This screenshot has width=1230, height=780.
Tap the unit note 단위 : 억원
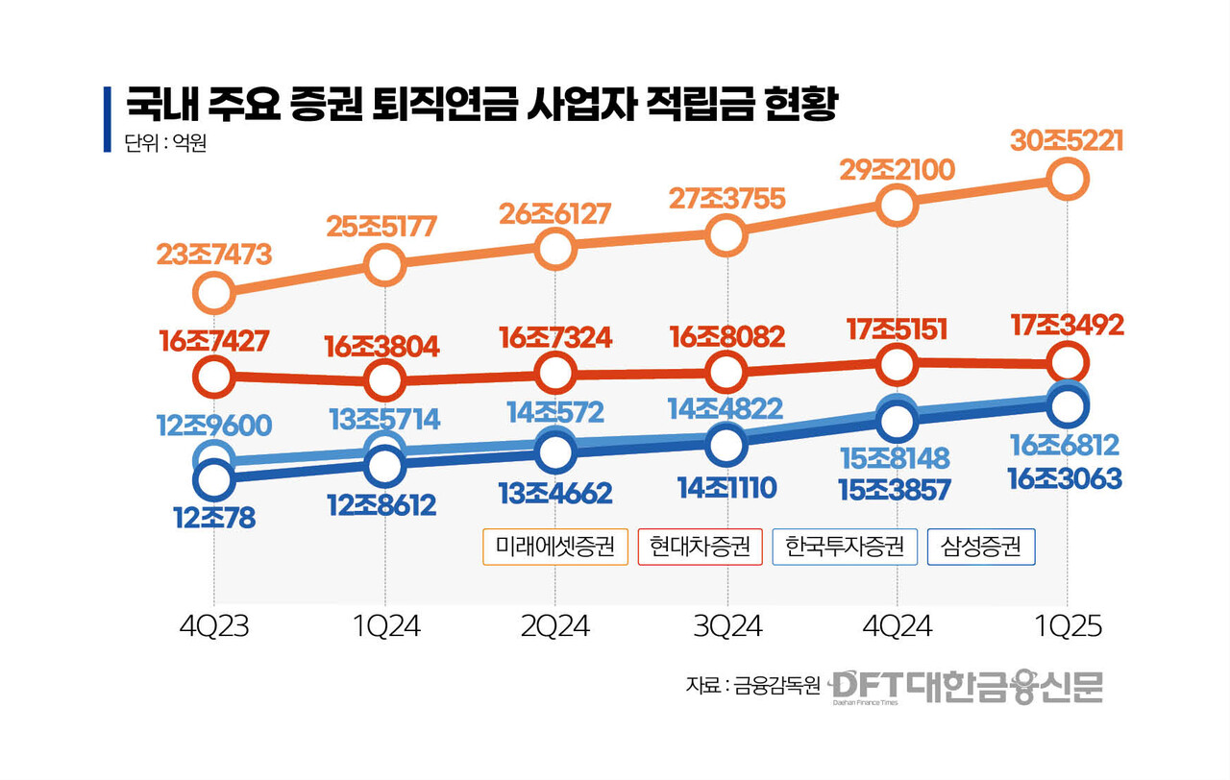coord(165,145)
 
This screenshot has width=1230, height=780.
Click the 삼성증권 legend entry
coord(980,547)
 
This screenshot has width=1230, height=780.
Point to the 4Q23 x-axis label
coord(213,627)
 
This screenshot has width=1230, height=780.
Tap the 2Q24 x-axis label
coord(555,627)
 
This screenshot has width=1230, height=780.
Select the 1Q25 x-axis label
coord(1067,627)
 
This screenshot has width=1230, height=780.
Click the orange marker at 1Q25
coord(1068,179)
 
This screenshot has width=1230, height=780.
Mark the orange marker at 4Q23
coord(213,292)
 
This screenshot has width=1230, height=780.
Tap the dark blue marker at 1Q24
coord(384,465)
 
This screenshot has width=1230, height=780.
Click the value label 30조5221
coord(1067,141)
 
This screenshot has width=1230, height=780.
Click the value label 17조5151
coord(896,329)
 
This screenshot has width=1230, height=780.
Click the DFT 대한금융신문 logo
coord(967,686)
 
